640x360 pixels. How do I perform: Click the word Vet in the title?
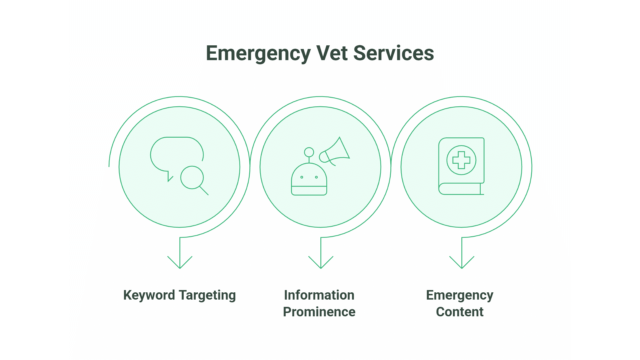pyautogui.click(x=332, y=53)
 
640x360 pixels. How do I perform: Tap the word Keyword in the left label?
pyautogui.click(x=149, y=295)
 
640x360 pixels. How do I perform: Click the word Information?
pyautogui.click(x=319, y=295)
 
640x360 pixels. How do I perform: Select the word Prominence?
pyautogui.click(x=319, y=312)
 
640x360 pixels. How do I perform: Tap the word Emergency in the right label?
pyautogui.click(x=460, y=295)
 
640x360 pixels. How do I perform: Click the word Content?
pyautogui.click(x=460, y=312)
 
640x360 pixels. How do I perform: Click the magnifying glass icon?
pyautogui.click(x=192, y=178)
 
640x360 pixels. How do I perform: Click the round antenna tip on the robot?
pyautogui.click(x=309, y=152)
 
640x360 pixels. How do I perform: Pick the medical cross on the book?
pyautogui.click(x=461, y=160)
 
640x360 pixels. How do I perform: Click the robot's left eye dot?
pyautogui.click(x=302, y=177)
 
